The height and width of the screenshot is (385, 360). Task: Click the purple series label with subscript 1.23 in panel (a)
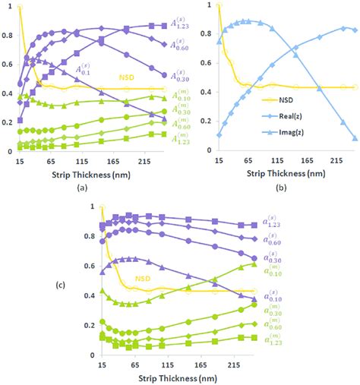(x=194, y=24)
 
